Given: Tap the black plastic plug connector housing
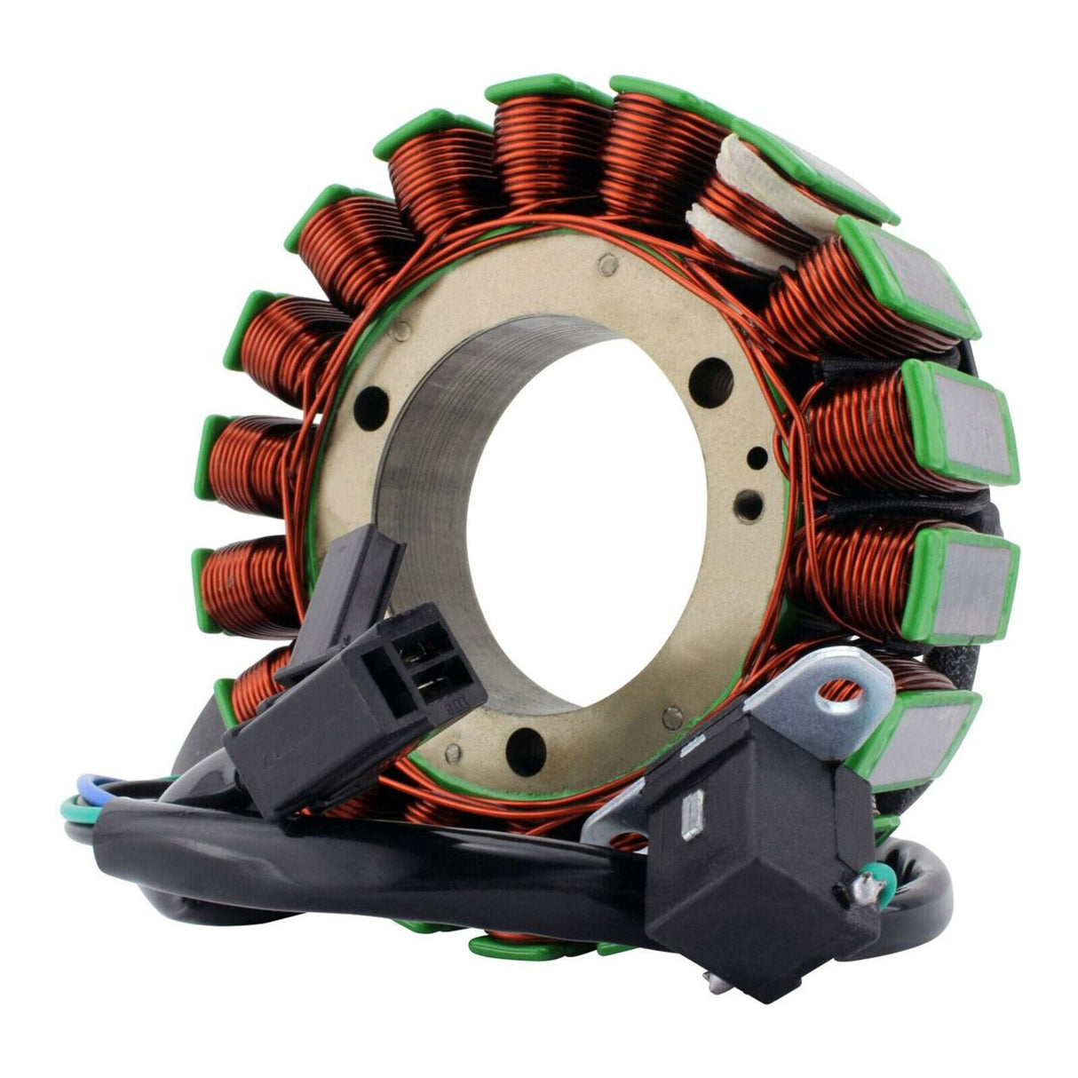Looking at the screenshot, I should (355, 701).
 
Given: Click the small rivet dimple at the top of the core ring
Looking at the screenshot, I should (606, 263).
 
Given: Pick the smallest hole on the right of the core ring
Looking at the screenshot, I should (757, 458).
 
